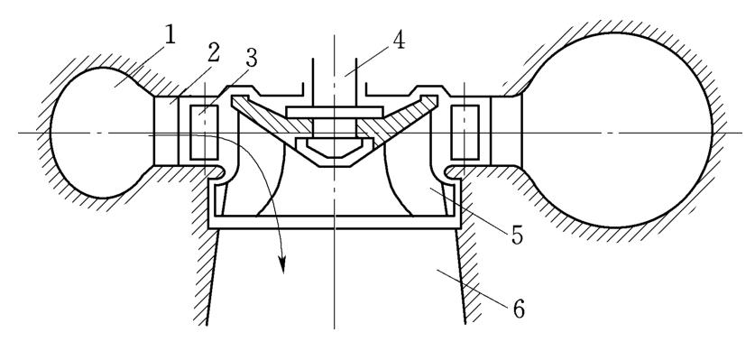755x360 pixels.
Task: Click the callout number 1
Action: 169,35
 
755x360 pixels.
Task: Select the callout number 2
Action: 213,52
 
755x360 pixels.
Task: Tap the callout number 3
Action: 251,58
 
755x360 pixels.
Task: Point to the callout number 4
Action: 398,41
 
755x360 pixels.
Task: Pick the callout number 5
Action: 517,235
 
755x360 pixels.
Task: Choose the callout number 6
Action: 518,309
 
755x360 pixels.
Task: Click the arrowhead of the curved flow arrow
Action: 282,264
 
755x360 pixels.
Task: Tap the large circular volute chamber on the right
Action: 616,130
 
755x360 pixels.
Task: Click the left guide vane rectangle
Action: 204,133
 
